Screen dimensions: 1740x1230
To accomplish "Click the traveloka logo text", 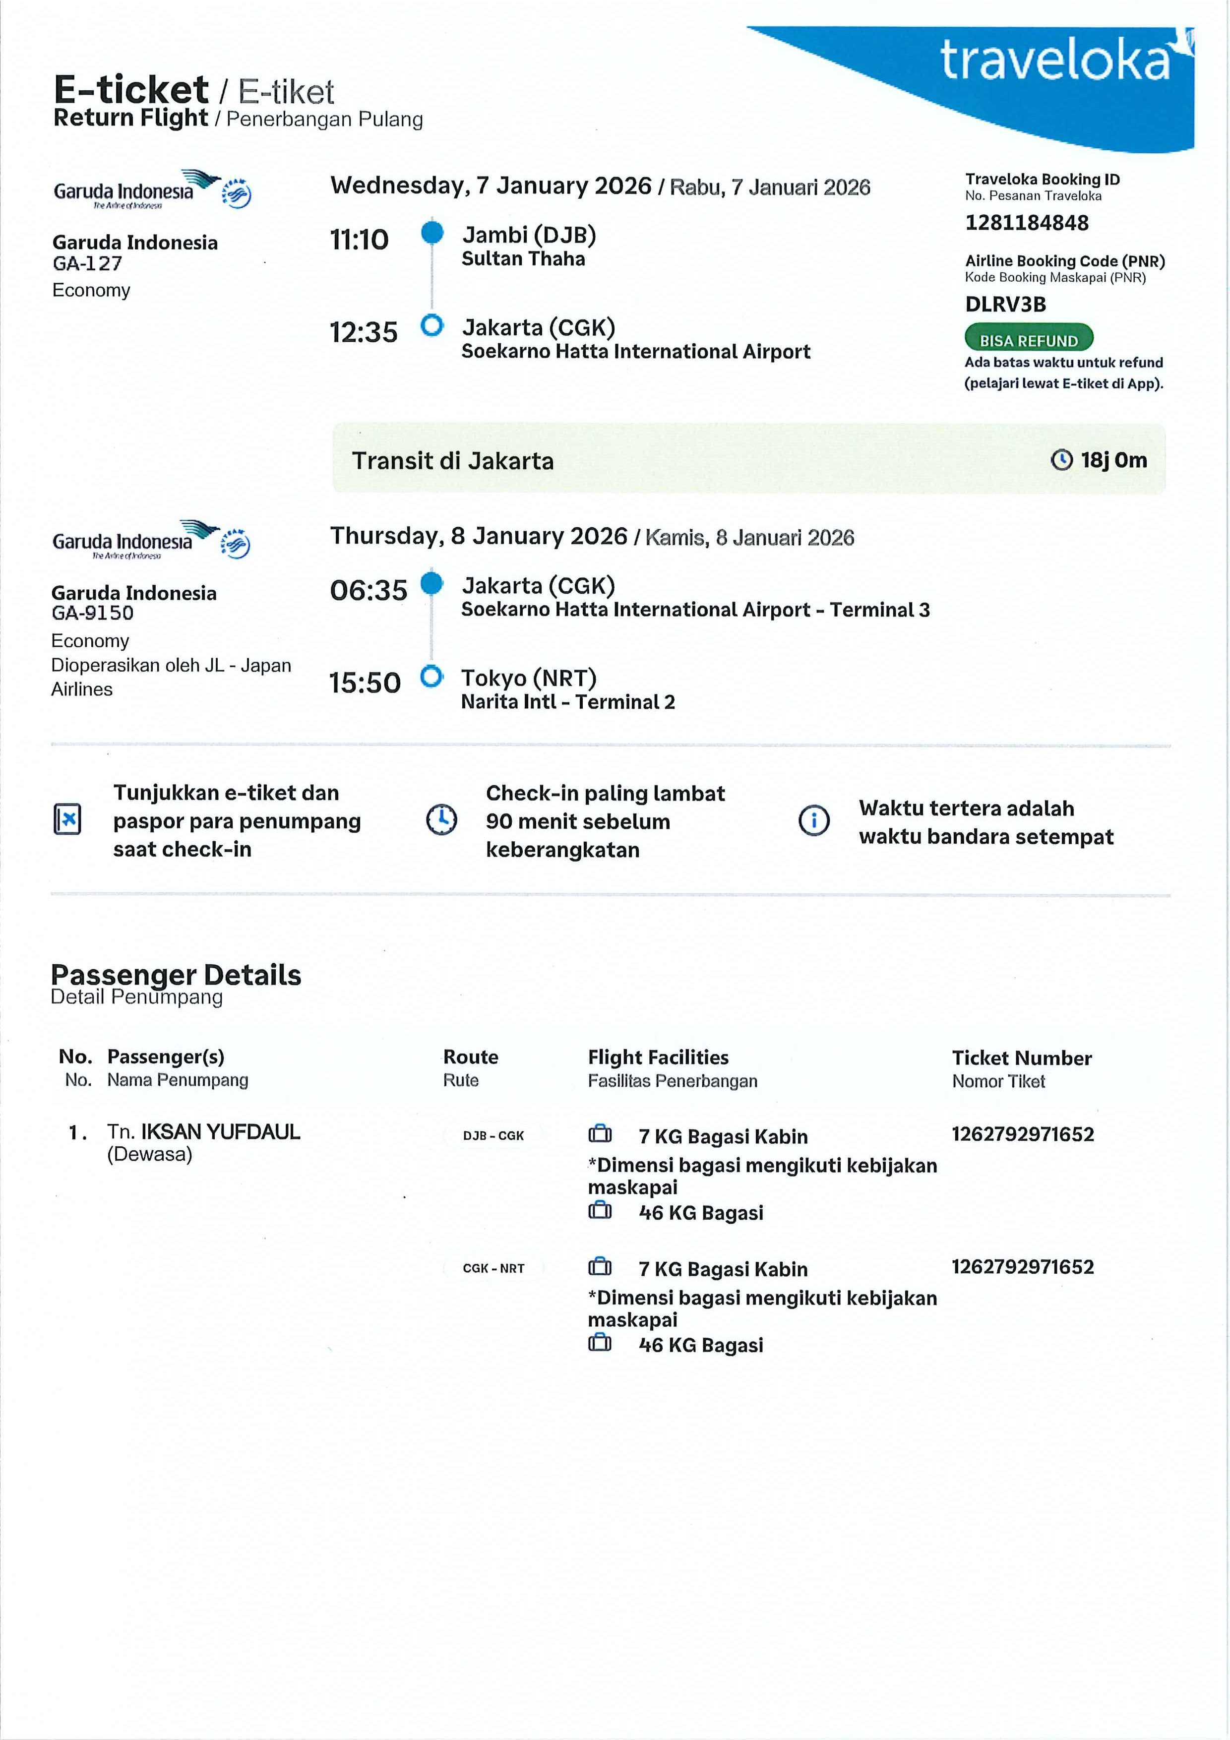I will [1055, 61].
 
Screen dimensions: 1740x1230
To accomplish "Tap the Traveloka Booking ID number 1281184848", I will [1026, 223].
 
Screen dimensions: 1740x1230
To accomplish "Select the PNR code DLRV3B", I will [1005, 305].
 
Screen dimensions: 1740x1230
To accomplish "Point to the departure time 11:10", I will [359, 240].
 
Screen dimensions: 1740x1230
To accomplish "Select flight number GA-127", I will [87, 264].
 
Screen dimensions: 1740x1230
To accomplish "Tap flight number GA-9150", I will [92, 613].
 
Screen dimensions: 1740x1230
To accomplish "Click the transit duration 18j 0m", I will [1112, 460].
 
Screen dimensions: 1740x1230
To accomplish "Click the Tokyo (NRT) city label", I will [528, 678].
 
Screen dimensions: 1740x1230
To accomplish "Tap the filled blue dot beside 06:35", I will [431, 583].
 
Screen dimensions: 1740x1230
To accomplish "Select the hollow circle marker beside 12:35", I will [431, 326].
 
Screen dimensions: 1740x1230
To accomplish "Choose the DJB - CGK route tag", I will [493, 1135].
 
